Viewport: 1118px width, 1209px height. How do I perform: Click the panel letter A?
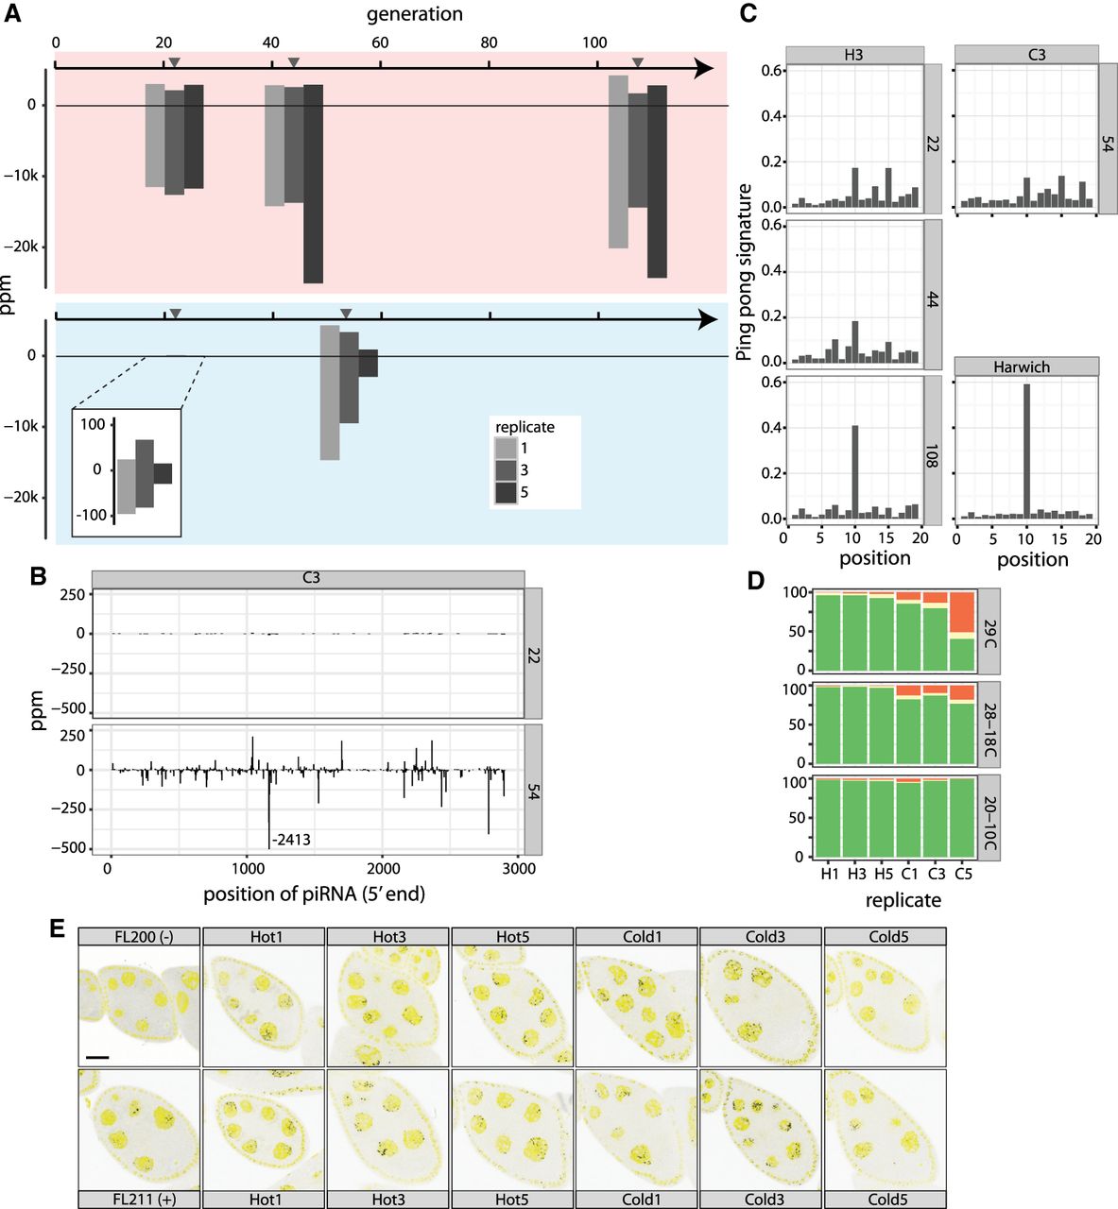(x=13, y=16)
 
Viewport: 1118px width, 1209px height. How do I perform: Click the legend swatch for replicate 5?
(x=507, y=492)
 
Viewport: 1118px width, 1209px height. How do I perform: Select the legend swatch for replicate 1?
(x=507, y=448)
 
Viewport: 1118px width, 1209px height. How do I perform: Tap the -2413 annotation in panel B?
(x=291, y=839)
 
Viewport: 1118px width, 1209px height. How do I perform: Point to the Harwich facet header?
(x=1026, y=366)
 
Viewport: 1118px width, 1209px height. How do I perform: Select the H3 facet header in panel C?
(x=853, y=55)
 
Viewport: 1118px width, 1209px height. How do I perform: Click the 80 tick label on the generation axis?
(x=489, y=43)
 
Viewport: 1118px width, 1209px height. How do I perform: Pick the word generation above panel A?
(x=414, y=14)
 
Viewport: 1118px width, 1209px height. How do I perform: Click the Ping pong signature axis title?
(x=745, y=272)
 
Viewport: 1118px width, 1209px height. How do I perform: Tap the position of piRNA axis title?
(x=314, y=894)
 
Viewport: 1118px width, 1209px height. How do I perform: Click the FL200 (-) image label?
(x=139, y=936)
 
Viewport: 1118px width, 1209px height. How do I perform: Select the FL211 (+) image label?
(x=139, y=1200)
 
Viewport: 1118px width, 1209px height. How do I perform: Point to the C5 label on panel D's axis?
(x=963, y=874)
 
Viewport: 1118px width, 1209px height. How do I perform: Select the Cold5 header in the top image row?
(x=885, y=936)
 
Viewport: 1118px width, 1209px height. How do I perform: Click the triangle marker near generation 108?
(x=638, y=62)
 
